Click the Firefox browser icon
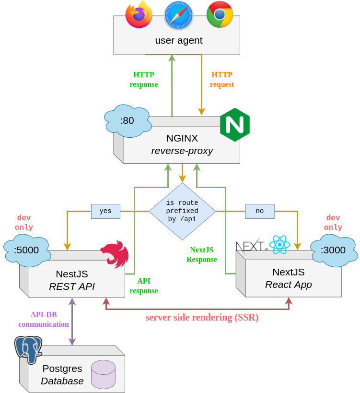tap(139, 14)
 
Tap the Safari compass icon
tap(179, 15)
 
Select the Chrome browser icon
tap(220, 14)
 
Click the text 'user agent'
tap(179, 40)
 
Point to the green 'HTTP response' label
tap(144, 80)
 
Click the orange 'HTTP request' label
tap(222, 80)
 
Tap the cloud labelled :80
tap(128, 120)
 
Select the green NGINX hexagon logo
tap(235, 125)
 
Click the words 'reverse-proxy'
tap(182, 151)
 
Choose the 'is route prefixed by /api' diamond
tap(182, 211)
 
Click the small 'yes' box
tap(105, 211)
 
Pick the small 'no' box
tap(260, 211)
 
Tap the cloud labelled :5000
tap(26, 250)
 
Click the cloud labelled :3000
tap(334, 250)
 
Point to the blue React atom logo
tap(279, 245)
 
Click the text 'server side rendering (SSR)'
tap(202, 318)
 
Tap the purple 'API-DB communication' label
tap(44, 320)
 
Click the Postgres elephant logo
tap(28, 349)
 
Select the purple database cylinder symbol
tap(103, 374)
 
